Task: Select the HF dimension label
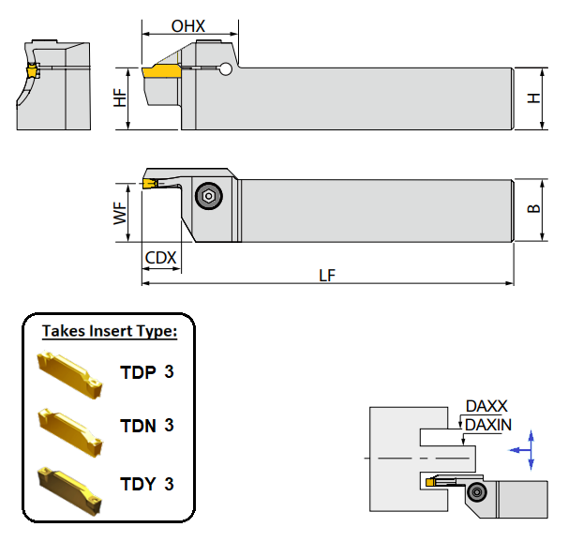(x=120, y=98)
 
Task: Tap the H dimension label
(x=535, y=98)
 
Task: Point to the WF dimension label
(x=120, y=211)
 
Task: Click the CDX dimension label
(x=159, y=257)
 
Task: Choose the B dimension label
(x=535, y=210)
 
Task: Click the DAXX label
(x=486, y=406)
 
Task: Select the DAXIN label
(x=488, y=425)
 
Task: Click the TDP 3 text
(x=147, y=372)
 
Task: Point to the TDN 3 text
(x=147, y=426)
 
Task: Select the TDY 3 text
(x=147, y=484)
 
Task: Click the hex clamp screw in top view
(x=208, y=195)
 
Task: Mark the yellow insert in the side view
(x=161, y=71)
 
